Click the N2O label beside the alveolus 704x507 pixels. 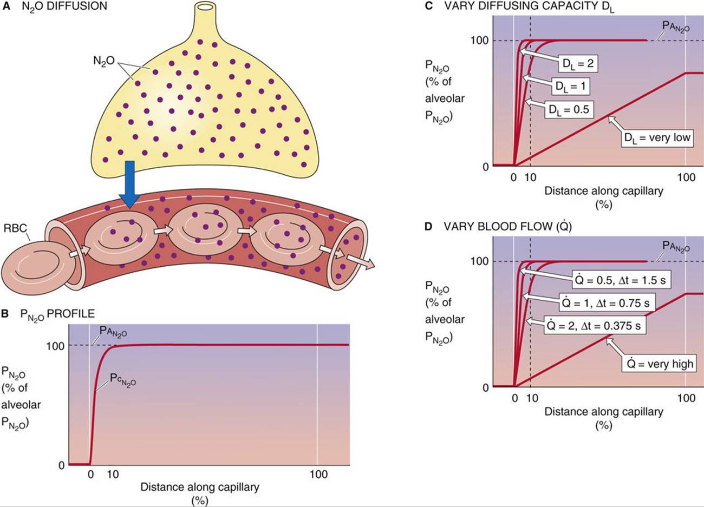click(104, 61)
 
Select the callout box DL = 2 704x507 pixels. click(577, 63)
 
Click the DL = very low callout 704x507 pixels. click(657, 138)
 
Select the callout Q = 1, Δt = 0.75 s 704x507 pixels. click(604, 303)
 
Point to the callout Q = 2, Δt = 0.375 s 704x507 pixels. click(595, 326)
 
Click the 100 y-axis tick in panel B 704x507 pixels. click(56, 346)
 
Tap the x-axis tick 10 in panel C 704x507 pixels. click(532, 177)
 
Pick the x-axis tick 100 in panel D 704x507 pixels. click(686, 398)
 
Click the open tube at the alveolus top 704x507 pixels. click(206, 8)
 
